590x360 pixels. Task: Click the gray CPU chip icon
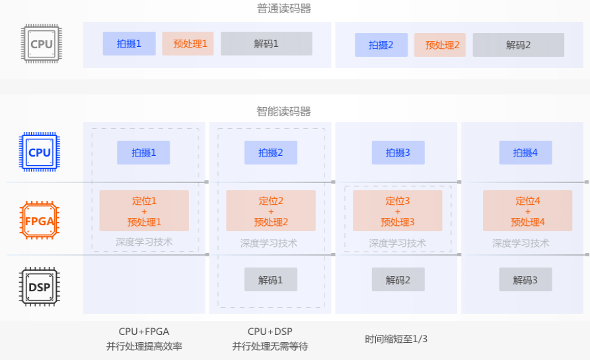tap(41, 44)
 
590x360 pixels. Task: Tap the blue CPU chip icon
tap(40, 152)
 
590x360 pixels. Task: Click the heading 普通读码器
tap(284, 9)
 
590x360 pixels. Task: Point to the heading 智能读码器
tap(284, 111)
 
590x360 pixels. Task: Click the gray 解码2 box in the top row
tap(518, 45)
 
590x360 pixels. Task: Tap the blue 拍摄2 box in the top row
tap(381, 45)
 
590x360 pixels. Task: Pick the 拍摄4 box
tap(525, 153)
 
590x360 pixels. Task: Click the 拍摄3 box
tap(398, 153)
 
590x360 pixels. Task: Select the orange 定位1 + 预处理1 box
tap(144, 211)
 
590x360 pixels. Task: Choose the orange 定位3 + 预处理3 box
tap(398, 211)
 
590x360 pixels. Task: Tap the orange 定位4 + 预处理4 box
tap(527, 211)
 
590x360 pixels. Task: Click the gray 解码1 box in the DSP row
tap(270, 279)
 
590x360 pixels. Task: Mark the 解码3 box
tap(525, 279)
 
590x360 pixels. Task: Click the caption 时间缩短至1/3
tap(396, 339)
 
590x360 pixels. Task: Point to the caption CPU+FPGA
tap(143, 332)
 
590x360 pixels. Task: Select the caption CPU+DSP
tap(270, 332)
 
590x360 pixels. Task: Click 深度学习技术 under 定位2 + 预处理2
tap(269, 243)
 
